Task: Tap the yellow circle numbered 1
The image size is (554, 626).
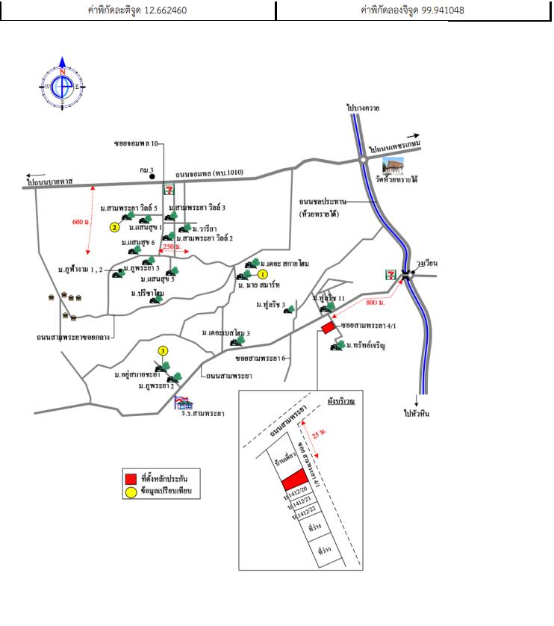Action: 263,275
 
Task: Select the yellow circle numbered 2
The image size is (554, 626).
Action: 114,226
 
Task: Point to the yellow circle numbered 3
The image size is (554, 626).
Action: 163,351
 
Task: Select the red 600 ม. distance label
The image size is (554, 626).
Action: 81,222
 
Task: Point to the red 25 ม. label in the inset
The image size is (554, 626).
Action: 319,433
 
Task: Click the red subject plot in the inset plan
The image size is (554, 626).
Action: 293,479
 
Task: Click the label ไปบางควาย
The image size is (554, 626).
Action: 364,108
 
